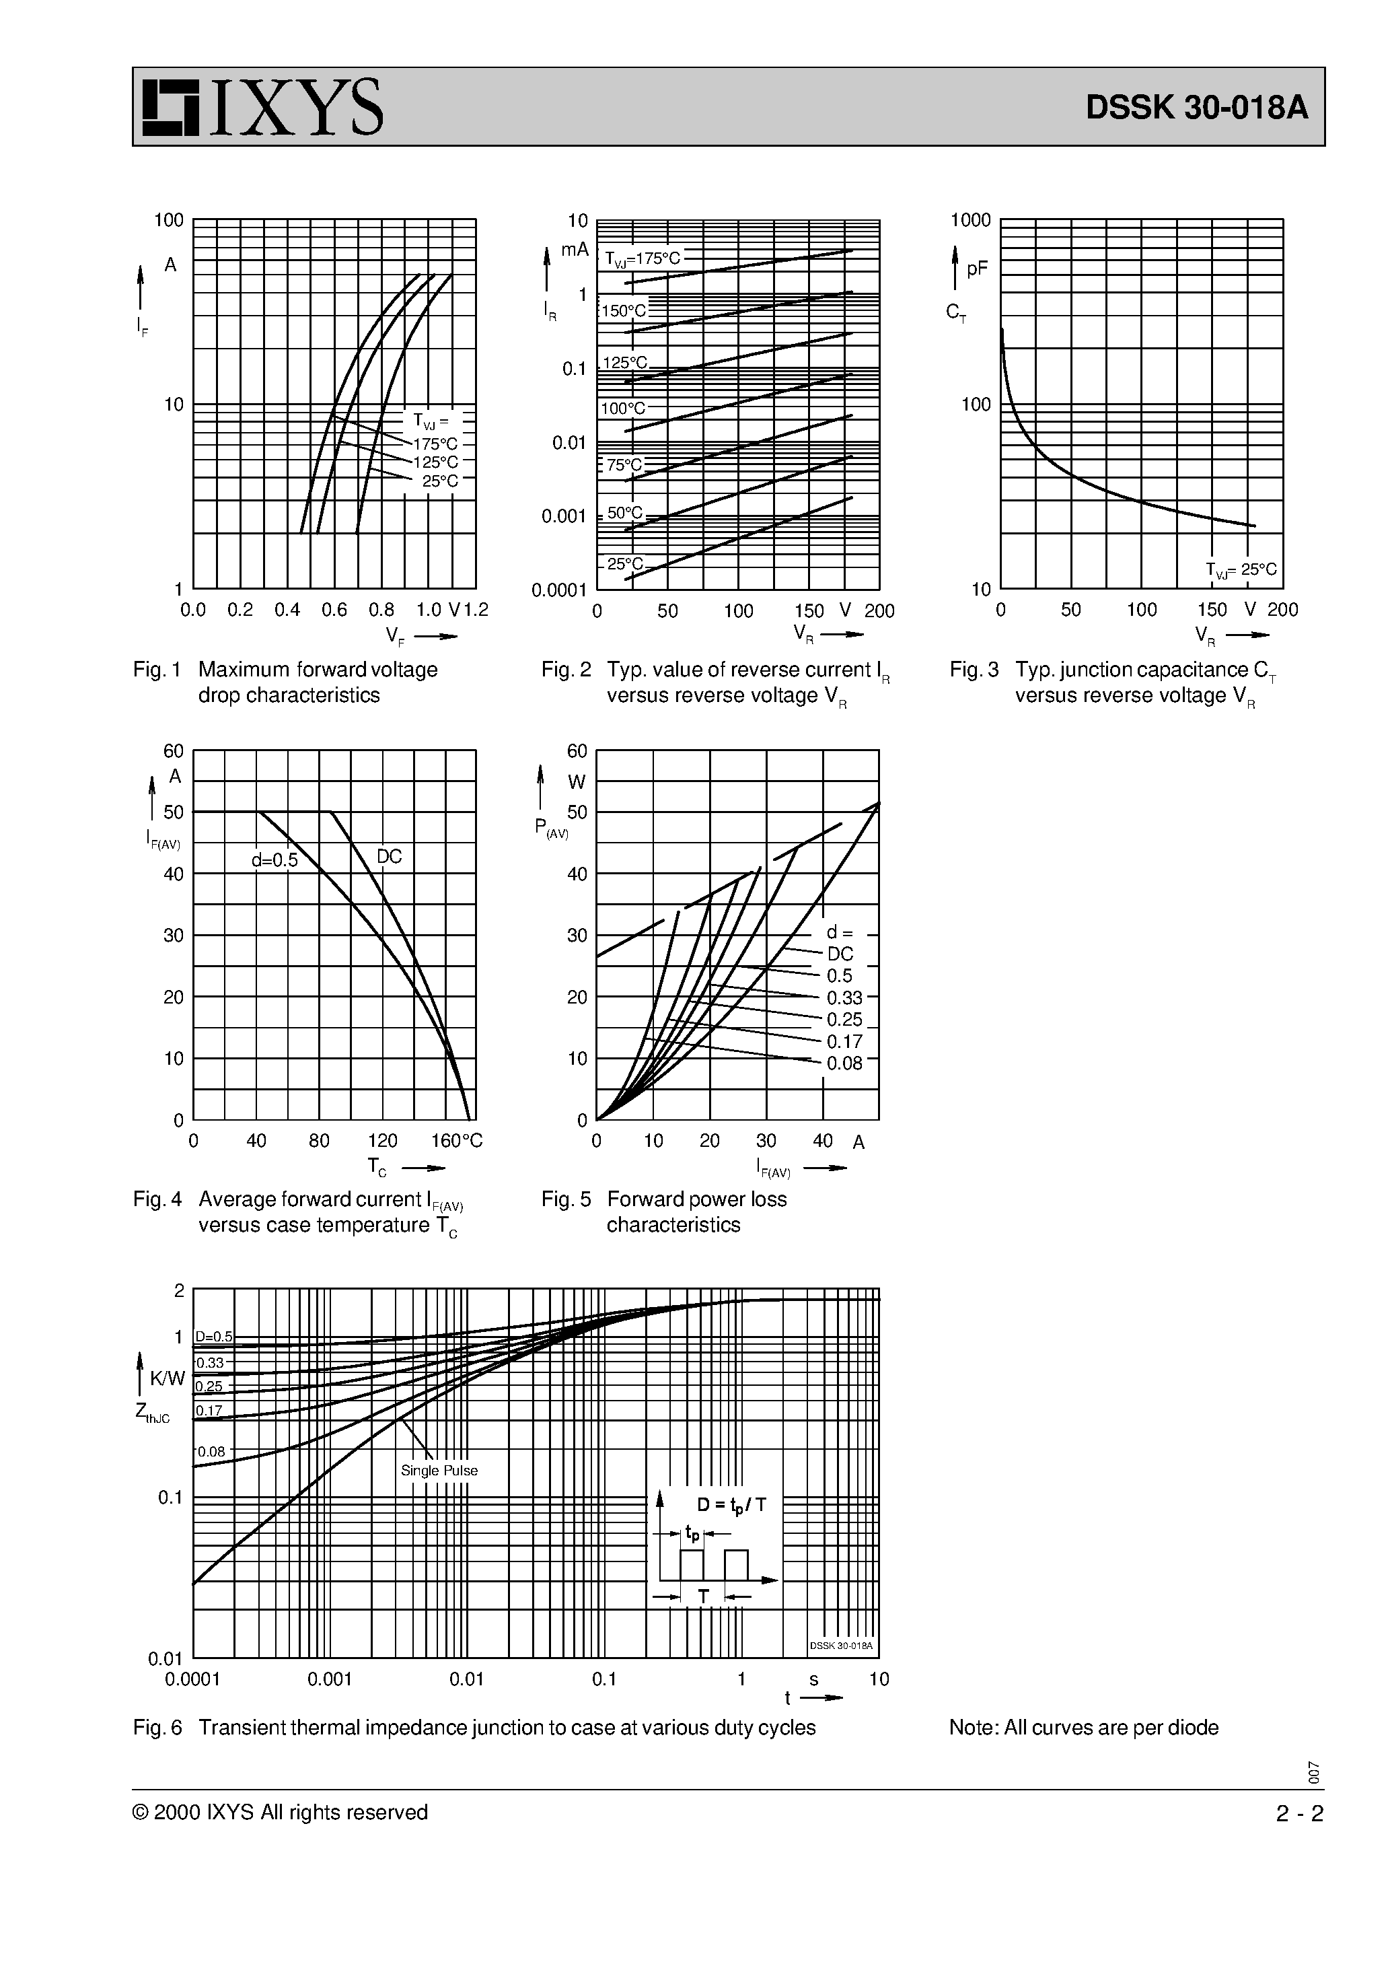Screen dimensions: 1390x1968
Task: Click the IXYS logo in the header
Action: (262, 107)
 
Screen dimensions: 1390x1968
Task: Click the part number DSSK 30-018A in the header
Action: (1196, 108)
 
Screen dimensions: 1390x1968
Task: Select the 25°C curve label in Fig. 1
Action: (439, 481)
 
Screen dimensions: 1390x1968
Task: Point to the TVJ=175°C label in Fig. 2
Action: (642, 258)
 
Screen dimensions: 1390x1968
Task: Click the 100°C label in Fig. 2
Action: (623, 408)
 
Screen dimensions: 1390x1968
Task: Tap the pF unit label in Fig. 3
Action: (977, 269)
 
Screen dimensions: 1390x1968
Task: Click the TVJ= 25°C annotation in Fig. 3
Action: (1241, 569)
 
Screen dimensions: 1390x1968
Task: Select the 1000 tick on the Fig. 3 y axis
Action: (970, 220)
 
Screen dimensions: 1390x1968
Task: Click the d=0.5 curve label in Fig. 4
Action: (275, 859)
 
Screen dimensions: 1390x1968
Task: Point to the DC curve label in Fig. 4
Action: (389, 856)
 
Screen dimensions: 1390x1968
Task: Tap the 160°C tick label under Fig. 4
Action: (457, 1141)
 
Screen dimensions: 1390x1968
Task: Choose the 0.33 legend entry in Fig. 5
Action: (844, 997)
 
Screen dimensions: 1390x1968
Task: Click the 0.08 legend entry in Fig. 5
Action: (844, 1063)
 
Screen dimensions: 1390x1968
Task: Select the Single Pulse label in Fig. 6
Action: (439, 1470)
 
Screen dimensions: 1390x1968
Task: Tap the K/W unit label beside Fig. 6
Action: (167, 1378)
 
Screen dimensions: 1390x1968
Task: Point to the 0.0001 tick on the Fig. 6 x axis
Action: (193, 1679)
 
